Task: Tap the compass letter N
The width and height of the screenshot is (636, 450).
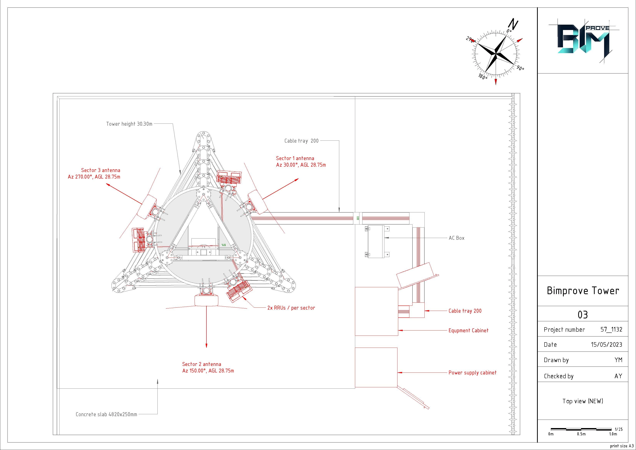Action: tap(514, 24)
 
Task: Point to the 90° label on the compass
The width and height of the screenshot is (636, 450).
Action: tap(520, 68)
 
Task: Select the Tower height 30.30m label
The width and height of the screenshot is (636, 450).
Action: tap(129, 124)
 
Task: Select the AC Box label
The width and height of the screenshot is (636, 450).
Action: tap(456, 238)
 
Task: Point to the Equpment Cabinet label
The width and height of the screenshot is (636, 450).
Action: tap(468, 331)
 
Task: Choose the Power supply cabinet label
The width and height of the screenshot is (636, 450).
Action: tap(472, 373)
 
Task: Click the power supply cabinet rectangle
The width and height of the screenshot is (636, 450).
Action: tap(376, 367)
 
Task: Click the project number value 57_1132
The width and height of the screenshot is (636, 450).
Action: tap(611, 329)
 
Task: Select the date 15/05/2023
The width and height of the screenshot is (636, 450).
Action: tap(606, 345)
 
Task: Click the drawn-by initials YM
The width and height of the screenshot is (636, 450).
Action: tap(618, 360)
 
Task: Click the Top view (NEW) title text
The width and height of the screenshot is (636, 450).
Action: tap(583, 401)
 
